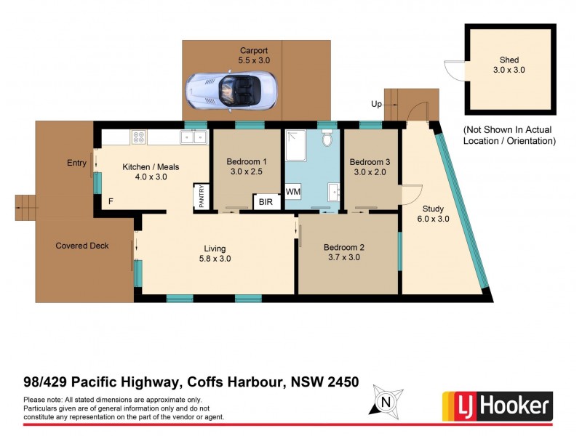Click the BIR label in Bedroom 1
click(266, 202)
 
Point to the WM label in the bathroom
click(292, 191)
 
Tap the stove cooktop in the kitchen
click(138, 136)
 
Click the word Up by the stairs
click(376, 105)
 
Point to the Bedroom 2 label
click(344, 247)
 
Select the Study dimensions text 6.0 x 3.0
click(433, 219)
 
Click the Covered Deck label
click(82, 246)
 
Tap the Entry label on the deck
click(76, 163)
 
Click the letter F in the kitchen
click(111, 201)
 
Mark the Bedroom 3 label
click(370, 161)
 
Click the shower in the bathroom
click(297, 146)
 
